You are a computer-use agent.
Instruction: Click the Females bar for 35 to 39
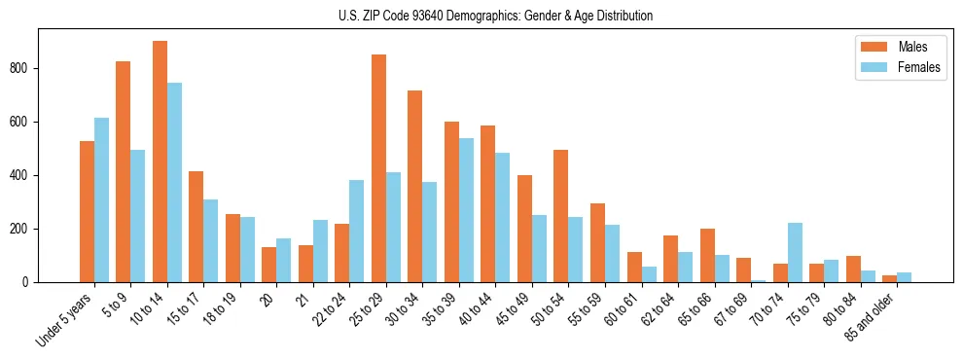click(466, 210)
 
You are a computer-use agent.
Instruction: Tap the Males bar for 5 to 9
click(124, 171)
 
